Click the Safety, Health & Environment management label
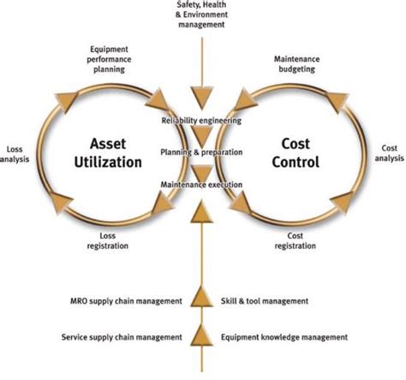click(x=202, y=16)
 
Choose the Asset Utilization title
click(x=111, y=152)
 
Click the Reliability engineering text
click(x=202, y=121)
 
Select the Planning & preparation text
click(x=202, y=152)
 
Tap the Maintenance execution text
click(x=202, y=184)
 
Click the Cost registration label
click(x=296, y=241)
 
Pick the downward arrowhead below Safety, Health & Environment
click(x=202, y=95)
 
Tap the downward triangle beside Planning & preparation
click(x=202, y=137)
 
